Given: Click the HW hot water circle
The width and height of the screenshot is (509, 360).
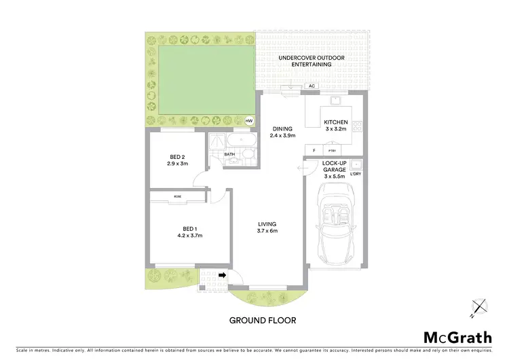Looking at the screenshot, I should coord(248,122).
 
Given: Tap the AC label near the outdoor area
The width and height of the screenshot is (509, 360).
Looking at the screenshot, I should coord(312,86).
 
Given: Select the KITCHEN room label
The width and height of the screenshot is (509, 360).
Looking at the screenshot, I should coord(335,122).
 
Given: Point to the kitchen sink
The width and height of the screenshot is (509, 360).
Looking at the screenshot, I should coord(335,101).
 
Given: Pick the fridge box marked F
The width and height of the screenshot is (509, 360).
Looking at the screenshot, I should coord(314,150).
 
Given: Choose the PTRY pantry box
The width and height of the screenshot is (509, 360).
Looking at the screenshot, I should coord(332,150).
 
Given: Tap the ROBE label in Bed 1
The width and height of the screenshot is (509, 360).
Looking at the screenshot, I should coord(178,196).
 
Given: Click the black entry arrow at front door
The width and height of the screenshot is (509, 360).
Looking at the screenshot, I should coord(222,275).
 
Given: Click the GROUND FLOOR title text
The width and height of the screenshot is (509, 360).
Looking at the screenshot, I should coord(262,319).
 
